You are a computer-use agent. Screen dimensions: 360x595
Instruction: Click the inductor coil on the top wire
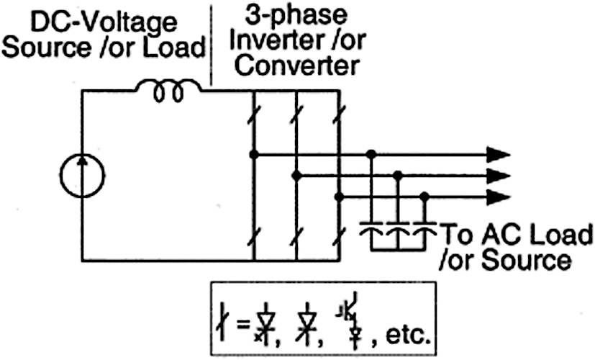point(168,91)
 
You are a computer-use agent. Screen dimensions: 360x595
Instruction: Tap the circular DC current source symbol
point(82,175)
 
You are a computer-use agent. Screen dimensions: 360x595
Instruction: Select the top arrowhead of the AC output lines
point(497,153)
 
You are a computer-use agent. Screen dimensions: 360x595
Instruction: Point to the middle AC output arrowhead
point(497,175)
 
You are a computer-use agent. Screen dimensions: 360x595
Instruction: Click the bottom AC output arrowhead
point(497,196)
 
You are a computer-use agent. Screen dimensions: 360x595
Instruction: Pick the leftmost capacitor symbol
point(371,232)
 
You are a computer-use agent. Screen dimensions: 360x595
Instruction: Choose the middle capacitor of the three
point(397,232)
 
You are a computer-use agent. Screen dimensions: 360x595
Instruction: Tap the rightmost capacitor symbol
point(424,232)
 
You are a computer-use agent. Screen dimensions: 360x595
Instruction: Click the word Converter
point(297,66)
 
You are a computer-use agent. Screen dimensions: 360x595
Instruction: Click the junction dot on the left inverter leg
point(253,153)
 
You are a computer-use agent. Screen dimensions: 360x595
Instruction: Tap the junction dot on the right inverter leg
point(338,196)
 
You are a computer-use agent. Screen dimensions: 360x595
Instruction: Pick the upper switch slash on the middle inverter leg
point(296,112)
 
